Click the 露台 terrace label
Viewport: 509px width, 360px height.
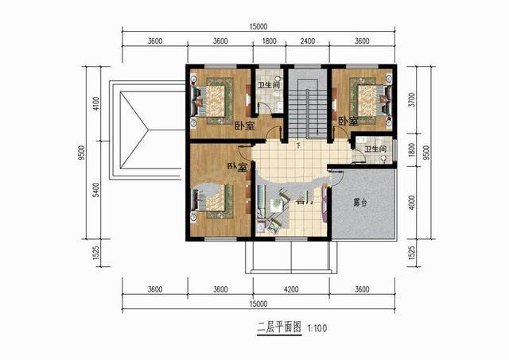(361, 203)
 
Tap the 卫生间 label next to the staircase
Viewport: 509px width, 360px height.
(267, 85)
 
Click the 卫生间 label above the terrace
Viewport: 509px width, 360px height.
(375, 149)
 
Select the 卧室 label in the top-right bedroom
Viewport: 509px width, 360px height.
(347, 122)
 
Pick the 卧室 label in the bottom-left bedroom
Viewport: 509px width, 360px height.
(237, 167)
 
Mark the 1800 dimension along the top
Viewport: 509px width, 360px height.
(269, 41)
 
